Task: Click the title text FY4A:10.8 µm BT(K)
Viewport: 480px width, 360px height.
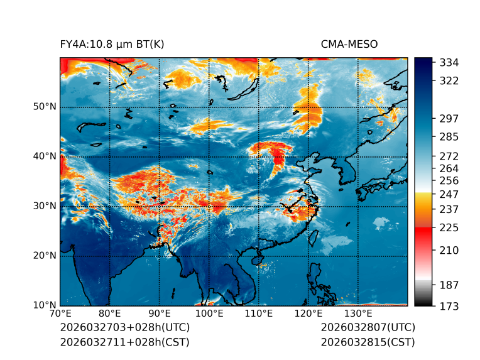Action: (x=112, y=45)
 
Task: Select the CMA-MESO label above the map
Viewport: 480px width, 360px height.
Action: (x=349, y=45)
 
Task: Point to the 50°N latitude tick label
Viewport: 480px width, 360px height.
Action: (x=45, y=107)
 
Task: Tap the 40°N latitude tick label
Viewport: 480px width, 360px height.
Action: (x=45, y=156)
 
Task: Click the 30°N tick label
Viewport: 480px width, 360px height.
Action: (x=45, y=206)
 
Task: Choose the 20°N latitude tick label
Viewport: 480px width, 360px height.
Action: (x=45, y=256)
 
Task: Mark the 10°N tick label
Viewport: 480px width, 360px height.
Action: (x=45, y=305)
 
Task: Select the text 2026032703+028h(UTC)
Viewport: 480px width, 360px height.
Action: (x=124, y=328)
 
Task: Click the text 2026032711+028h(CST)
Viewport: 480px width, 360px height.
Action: (x=124, y=342)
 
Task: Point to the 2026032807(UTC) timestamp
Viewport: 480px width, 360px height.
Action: (x=368, y=328)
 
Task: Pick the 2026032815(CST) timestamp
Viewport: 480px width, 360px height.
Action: (x=368, y=342)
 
